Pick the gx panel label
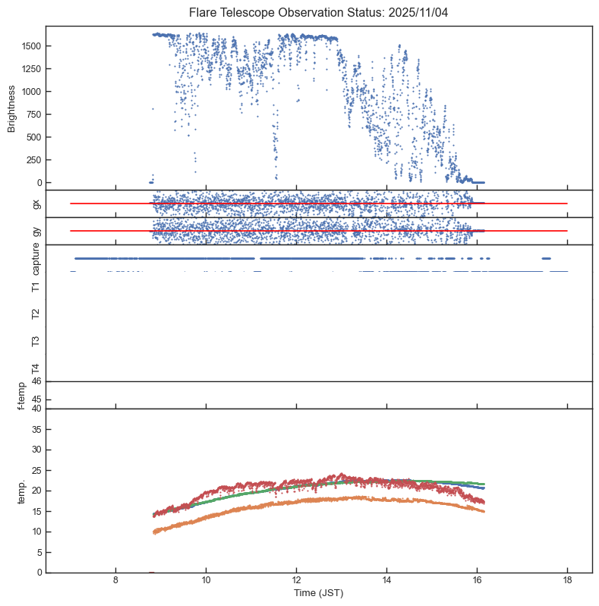coord(36,204)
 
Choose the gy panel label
coord(36,231)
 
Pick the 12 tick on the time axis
coord(296,581)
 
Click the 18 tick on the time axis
coord(567,581)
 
